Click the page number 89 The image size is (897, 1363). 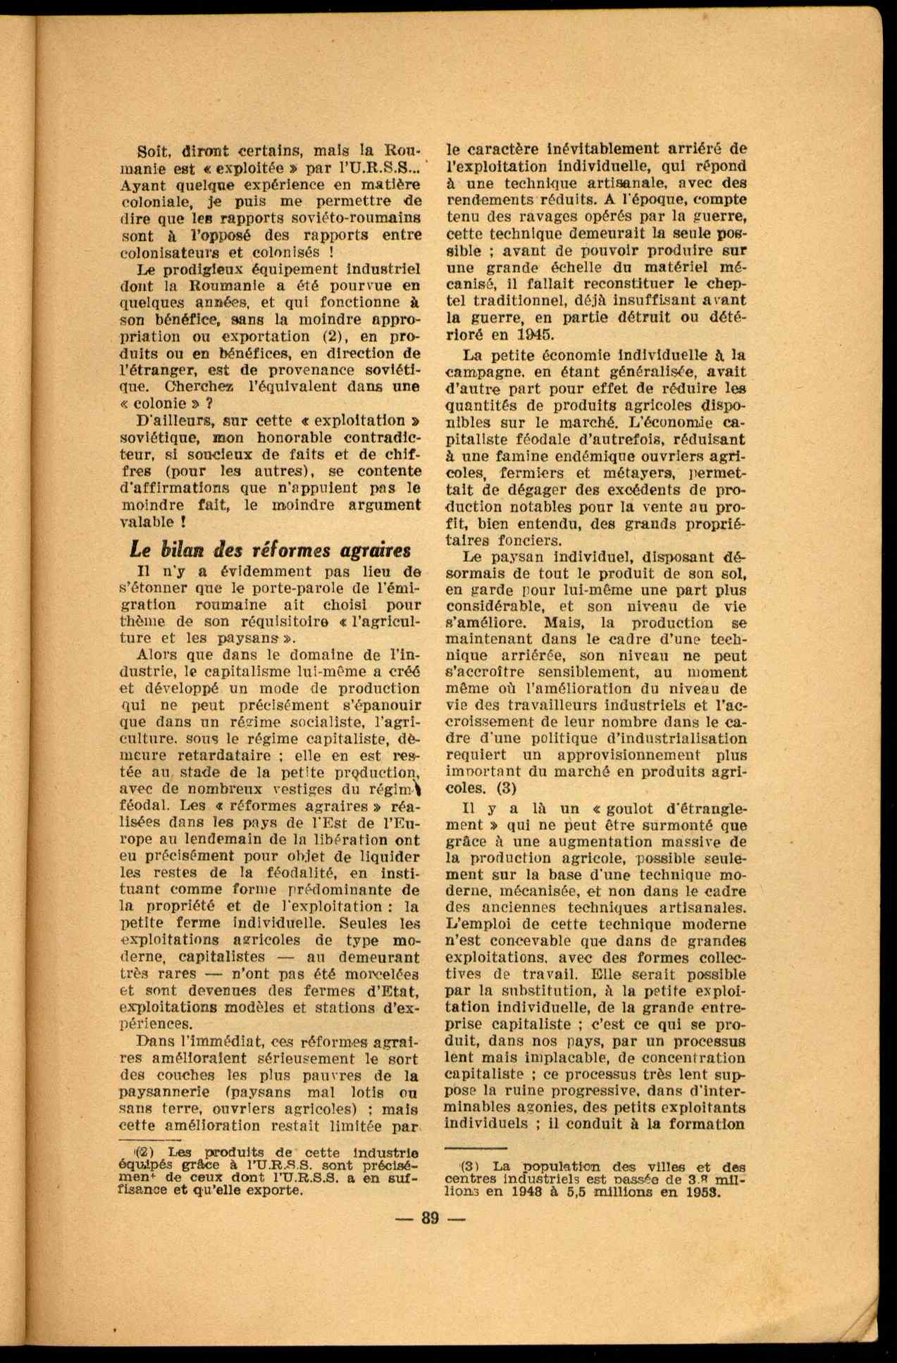(430, 1218)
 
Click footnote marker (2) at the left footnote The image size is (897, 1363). (144, 1152)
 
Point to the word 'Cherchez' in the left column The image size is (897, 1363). (196, 387)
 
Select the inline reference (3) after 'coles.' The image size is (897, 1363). (506, 788)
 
